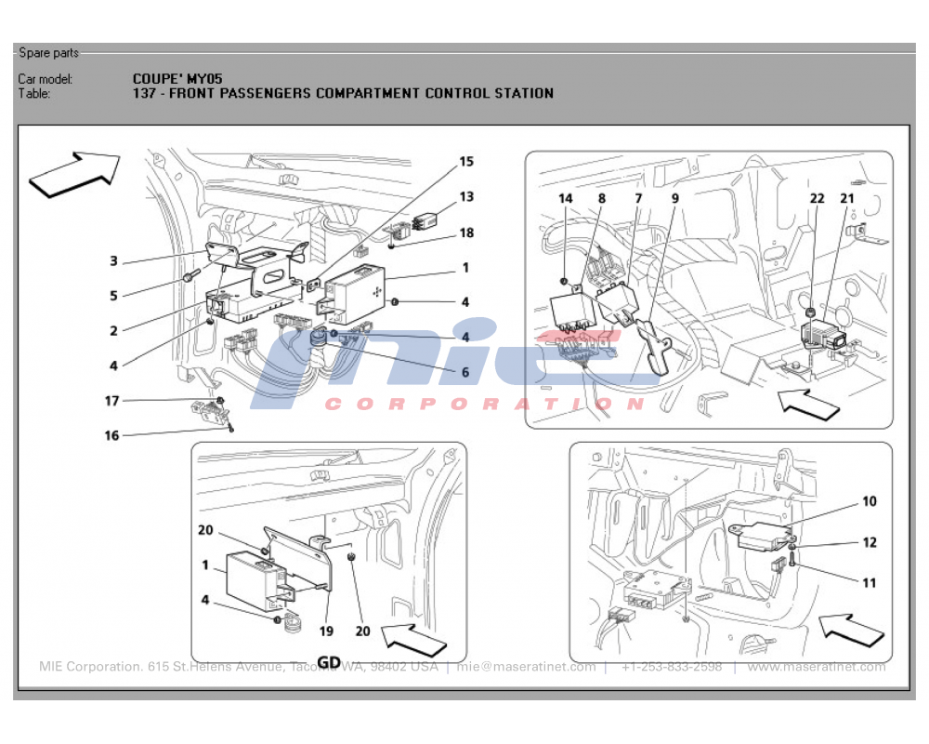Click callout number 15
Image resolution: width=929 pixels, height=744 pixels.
coord(466,162)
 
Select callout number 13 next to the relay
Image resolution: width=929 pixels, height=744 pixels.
coord(466,196)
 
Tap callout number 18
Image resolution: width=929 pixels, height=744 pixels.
coord(466,233)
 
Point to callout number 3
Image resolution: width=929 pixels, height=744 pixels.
coord(113,260)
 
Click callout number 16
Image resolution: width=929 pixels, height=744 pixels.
coord(111,435)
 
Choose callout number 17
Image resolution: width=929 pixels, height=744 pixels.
coord(111,401)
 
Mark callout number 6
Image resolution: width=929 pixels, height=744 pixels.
coord(465,373)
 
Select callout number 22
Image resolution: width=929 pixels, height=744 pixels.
coord(817,198)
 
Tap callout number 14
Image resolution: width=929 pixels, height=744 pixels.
coord(566,198)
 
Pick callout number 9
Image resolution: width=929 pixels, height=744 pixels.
coord(674,198)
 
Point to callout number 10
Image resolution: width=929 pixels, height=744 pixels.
coord(870,501)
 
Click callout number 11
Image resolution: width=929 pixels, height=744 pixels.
coord(870,583)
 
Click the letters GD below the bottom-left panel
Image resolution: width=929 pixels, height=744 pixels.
coord(329,662)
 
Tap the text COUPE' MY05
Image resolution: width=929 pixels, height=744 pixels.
coord(177,79)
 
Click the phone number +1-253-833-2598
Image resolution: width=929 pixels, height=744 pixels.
coord(672,667)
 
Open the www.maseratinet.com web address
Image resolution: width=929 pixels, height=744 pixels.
coord(817,667)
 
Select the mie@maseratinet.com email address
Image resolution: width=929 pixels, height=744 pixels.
coord(526,667)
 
